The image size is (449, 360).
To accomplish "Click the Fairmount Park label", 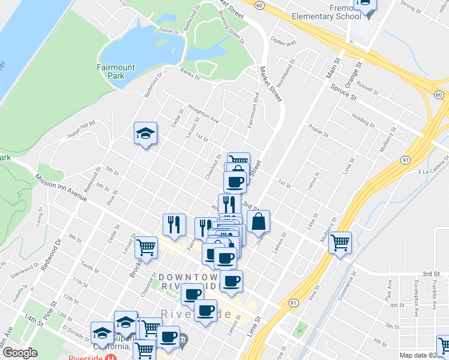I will (x=116, y=71).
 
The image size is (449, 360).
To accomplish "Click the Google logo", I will (x=19, y=353).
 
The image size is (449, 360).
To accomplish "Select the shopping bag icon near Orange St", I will (x=258, y=221).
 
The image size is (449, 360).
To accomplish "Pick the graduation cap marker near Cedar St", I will (x=145, y=134).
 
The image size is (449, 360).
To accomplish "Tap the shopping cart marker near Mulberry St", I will (x=340, y=242).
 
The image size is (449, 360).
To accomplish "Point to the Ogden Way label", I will (x=284, y=44).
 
